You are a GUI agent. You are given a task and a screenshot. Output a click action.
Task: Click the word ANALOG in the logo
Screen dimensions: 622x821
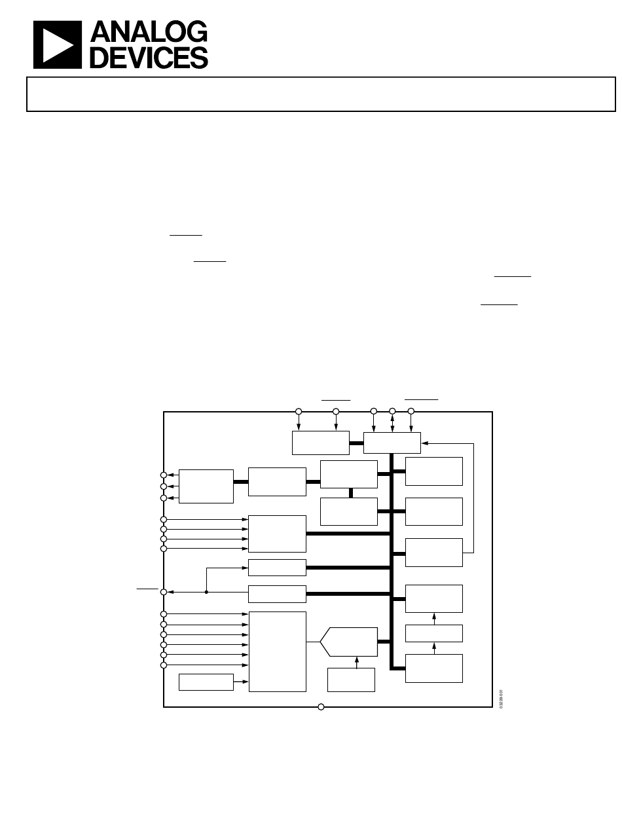pos(149,32)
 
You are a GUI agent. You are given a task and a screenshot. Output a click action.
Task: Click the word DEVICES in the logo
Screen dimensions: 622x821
pos(149,58)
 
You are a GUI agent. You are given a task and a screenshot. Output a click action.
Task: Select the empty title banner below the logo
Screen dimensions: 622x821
pos(321,94)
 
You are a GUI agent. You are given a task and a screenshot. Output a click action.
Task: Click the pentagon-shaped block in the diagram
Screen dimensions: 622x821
pos(349,642)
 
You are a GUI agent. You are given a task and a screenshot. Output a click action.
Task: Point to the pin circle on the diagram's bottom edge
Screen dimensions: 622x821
pos(321,706)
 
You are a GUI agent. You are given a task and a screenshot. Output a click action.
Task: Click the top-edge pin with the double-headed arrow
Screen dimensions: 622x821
pos(392,411)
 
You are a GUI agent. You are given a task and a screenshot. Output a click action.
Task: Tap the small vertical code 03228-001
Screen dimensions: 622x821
pos(501,700)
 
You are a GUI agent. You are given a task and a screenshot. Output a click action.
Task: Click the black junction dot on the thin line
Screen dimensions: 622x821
pos(206,592)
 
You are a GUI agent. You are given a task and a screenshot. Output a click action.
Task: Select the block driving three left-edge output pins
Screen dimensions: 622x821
pos(206,486)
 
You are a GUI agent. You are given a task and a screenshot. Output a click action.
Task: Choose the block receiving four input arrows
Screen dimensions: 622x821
pos(277,534)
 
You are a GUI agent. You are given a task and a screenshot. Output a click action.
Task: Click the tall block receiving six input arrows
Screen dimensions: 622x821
pos(277,651)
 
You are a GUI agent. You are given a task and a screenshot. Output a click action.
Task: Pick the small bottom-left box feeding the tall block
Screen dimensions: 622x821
pos(206,682)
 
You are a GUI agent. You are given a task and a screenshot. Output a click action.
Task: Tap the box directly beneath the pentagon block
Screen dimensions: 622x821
pos(351,680)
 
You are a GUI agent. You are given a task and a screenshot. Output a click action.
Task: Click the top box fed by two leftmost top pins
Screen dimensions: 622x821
pos(320,443)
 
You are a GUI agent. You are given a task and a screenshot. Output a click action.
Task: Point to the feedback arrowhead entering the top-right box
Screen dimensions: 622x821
pos(424,443)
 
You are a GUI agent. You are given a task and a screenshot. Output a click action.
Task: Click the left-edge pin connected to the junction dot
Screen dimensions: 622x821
pos(164,592)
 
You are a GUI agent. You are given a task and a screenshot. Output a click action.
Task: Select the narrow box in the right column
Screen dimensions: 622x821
pos(433,633)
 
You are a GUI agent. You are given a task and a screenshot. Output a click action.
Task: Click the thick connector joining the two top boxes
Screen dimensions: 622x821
pos(356,443)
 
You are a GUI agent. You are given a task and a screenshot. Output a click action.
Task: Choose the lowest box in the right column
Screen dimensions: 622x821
pos(433,668)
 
